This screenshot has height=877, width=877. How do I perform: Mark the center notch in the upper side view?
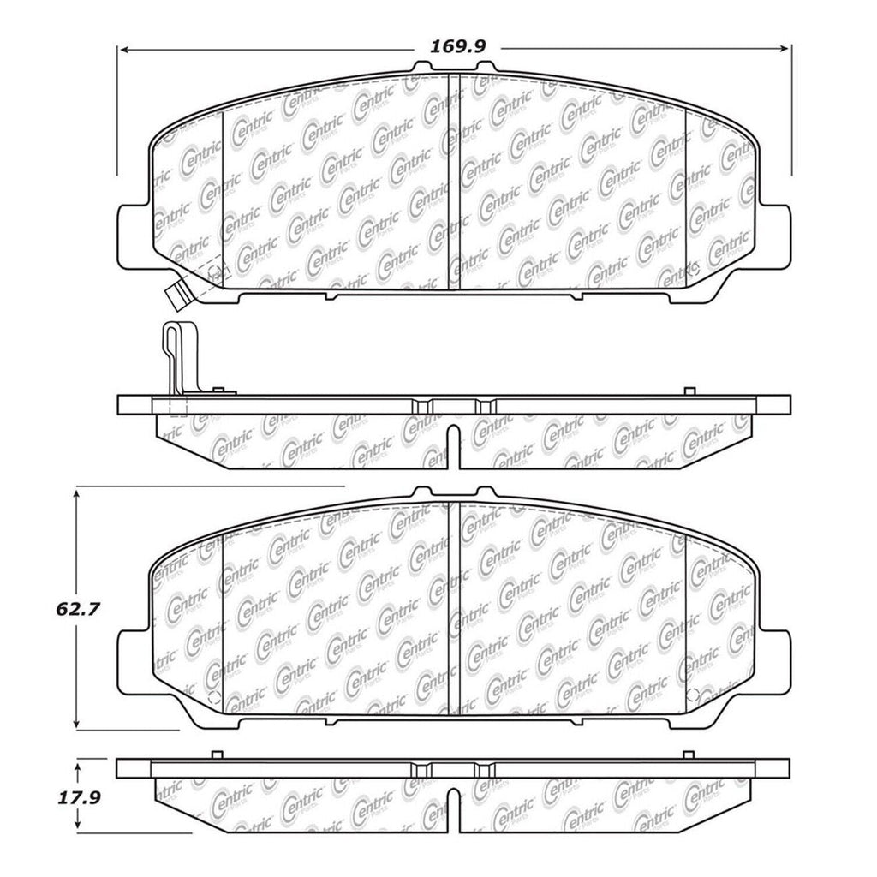tap(453, 445)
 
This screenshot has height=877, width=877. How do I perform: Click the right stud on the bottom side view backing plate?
tap(689, 755)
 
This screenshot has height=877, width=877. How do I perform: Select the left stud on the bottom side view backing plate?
tap(217, 755)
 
